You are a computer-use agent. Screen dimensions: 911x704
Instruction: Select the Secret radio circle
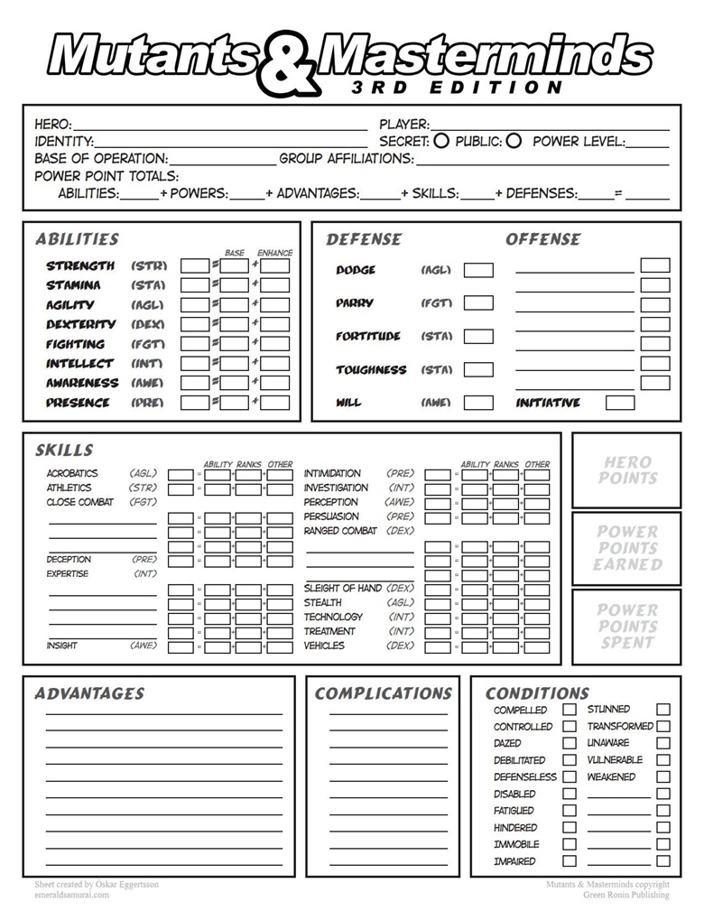(441, 141)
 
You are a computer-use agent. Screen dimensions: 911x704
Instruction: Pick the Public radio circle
(514, 141)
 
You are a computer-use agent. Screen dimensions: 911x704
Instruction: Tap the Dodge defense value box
(478, 270)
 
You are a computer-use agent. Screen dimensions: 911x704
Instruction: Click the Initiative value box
(620, 403)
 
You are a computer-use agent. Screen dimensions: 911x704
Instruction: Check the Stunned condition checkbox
(663, 710)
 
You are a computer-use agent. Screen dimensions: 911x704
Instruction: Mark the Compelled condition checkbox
(570, 710)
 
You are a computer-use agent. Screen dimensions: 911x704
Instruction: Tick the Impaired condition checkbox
(570, 861)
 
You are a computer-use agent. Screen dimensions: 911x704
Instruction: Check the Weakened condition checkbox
(663, 776)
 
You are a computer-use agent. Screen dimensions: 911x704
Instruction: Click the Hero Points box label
(627, 469)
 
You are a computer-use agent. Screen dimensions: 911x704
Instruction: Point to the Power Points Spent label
(627, 626)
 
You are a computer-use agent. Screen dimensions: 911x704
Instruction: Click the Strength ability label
(80, 265)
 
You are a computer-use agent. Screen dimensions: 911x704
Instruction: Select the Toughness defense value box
(478, 369)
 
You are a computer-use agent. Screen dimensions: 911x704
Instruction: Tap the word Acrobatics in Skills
(72, 473)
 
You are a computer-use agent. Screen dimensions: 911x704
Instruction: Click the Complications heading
(383, 693)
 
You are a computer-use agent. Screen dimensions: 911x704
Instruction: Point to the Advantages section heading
(89, 693)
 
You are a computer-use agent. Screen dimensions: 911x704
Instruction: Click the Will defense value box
(478, 403)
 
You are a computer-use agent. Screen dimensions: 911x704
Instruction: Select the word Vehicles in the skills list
(324, 646)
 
